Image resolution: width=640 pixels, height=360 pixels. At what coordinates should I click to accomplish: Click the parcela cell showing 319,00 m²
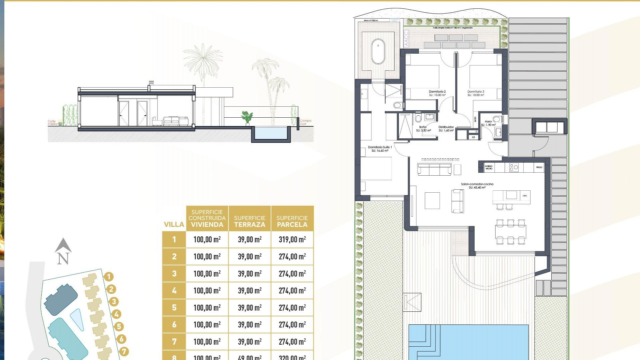point(292,239)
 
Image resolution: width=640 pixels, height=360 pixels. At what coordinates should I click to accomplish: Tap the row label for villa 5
point(174,307)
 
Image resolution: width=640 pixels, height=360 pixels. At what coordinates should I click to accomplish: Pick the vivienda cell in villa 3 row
point(207,274)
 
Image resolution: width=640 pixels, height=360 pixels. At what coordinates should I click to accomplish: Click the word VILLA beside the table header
point(174,224)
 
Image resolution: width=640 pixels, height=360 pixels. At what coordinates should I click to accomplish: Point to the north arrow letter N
point(63,258)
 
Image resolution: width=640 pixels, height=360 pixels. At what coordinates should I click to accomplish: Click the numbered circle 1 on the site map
point(109,277)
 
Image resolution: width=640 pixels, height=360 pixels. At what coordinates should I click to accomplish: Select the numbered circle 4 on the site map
point(116,314)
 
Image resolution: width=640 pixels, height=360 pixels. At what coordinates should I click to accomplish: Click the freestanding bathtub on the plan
point(378,52)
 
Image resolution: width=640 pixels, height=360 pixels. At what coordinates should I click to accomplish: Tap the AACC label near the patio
point(406,39)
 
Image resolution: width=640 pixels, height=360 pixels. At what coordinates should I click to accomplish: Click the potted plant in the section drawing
point(247,117)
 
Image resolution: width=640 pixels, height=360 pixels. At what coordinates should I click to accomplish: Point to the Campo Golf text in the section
point(305,122)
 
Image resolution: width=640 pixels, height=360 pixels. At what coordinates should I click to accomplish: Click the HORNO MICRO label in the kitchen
point(489,167)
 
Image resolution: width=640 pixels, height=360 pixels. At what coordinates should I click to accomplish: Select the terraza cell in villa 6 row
point(250,325)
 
